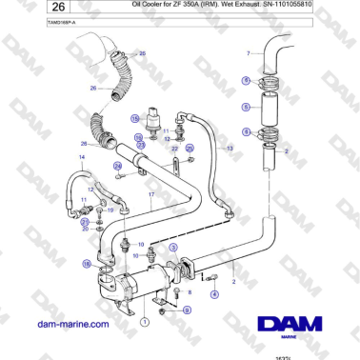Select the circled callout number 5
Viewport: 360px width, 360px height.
[246, 108]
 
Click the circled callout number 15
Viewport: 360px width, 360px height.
[138, 137]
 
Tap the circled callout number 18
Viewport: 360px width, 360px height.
[87, 263]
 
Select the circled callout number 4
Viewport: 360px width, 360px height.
[213, 295]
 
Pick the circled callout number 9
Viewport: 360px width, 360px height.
[187, 310]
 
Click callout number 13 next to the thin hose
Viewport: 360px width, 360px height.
[229, 150]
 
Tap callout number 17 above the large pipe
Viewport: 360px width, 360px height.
[150, 194]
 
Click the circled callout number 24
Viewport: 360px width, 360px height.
[118, 165]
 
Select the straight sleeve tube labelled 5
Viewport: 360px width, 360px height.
[272, 108]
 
